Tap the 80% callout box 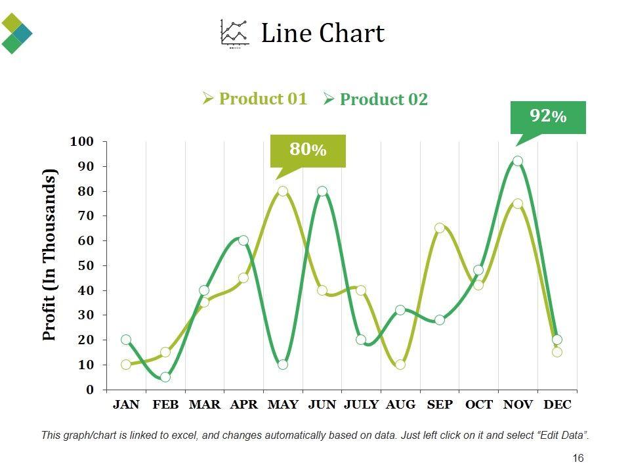point(308,150)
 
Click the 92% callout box point(547,117)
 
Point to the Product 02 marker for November point(518,161)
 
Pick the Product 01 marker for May point(283,191)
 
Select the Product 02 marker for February point(165,377)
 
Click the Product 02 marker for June point(322,191)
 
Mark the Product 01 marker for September point(440,228)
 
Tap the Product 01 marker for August point(400,365)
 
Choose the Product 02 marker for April point(243,240)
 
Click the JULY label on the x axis point(362,405)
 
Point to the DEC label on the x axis point(558,405)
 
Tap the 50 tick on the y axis point(86,265)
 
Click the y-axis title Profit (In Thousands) point(50,255)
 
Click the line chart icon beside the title point(235,34)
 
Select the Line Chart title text point(322,34)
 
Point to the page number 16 point(578,459)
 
